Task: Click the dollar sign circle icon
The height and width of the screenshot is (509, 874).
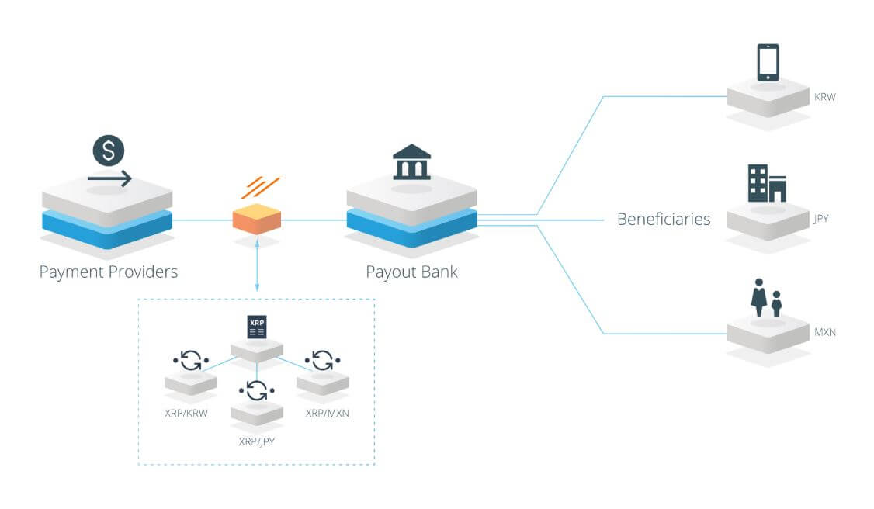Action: [x=109, y=151]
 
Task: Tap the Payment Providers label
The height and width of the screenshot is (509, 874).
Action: [x=109, y=272]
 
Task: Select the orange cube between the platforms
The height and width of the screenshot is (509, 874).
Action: [x=256, y=220]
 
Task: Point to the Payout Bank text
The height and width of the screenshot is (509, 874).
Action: [x=411, y=272]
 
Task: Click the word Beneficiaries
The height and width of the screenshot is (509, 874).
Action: [x=664, y=220]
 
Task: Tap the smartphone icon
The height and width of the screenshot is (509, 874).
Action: [x=768, y=62]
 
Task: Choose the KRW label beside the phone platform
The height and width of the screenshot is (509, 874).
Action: [x=824, y=98]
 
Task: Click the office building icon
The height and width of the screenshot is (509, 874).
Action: [x=767, y=183]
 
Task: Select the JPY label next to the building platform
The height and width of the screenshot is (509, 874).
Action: [x=821, y=219]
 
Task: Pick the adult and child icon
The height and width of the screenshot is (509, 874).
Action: [x=765, y=298]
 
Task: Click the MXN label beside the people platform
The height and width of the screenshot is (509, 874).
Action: [x=824, y=333]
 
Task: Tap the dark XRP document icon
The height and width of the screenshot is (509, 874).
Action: [x=256, y=327]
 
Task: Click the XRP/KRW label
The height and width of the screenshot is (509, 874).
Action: [x=186, y=413]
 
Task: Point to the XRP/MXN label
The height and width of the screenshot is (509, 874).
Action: [x=327, y=413]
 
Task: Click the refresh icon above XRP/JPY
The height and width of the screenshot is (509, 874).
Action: [x=257, y=390]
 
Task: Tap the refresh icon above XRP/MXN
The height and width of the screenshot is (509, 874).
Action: [x=322, y=361]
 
